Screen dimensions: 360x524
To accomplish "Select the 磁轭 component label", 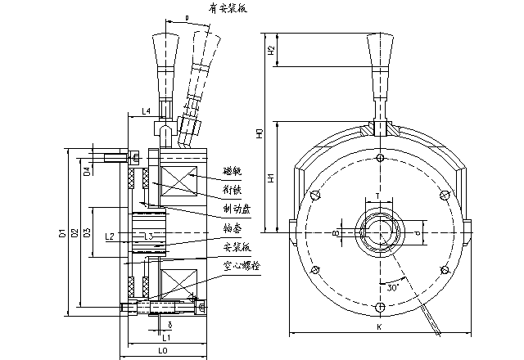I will [232, 173].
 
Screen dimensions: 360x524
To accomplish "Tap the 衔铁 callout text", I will [232, 190].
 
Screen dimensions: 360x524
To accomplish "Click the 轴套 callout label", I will [232, 230].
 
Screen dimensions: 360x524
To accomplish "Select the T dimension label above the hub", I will [377, 195].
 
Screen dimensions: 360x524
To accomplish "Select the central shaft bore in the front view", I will [377, 234].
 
